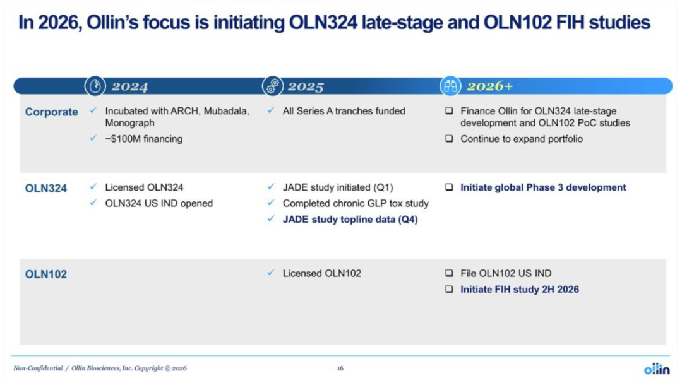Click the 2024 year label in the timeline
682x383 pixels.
[x=129, y=86]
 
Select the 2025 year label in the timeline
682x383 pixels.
[x=306, y=86]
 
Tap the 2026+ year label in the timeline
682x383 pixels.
[x=490, y=86]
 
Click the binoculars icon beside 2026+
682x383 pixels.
[x=450, y=86]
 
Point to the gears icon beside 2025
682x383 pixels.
[x=273, y=86]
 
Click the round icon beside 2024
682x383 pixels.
[x=95, y=86]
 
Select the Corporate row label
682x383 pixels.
[x=51, y=112]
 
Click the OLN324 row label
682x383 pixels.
[x=45, y=188]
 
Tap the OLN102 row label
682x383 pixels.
[x=45, y=274]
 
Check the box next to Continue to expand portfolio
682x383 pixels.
[x=449, y=139]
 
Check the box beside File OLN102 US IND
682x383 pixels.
[x=449, y=273]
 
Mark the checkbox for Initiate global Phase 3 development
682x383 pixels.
[x=449, y=187]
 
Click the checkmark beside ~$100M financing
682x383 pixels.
[x=93, y=138]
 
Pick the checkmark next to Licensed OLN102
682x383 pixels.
[x=271, y=273]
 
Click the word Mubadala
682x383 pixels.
[x=226, y=111]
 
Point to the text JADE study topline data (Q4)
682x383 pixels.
[x=350, y=220]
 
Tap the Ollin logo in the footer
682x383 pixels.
[x=657, y=369]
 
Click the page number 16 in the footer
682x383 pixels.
[x=340, y=368]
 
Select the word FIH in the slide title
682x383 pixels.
[x=570, y=23]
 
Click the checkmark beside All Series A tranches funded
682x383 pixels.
[x=271, y=110]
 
